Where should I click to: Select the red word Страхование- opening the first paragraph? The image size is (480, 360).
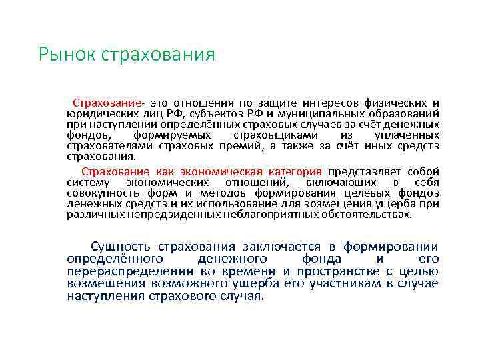[x=109, y=103]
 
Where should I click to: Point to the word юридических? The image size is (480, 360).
[x=94, y=114]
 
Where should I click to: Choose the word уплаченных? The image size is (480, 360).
[x=407, y=135]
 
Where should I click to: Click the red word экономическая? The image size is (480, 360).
[x=232, y=171]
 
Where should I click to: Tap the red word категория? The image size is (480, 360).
[x=296, y=171]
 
